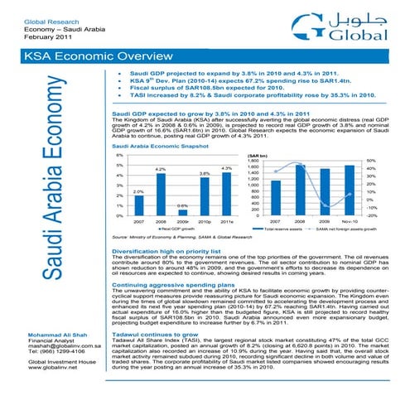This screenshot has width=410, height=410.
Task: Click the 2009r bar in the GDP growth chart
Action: pyautogui.click(x=182, y=212)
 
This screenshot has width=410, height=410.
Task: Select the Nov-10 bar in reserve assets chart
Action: pyautogui.click(x=372, y=191)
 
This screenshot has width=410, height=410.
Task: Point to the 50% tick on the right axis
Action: pyautogui.click(x=394, y=161)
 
